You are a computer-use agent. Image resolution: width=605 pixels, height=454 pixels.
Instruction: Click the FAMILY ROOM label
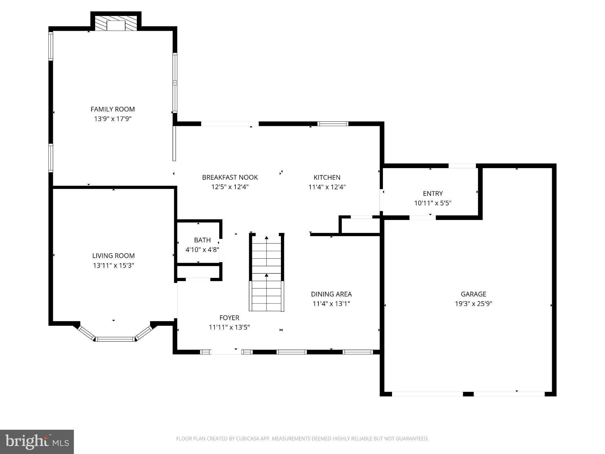click(113, 109)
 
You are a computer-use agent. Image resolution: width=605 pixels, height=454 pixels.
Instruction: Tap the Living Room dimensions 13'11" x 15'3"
click(113, 265)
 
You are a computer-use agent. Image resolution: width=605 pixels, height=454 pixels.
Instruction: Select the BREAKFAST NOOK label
click(230, 177)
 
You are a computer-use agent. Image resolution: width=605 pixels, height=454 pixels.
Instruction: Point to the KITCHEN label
click(327, 177)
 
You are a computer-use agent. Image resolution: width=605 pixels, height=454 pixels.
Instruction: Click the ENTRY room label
click(433, 194)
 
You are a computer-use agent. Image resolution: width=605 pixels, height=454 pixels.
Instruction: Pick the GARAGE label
click(473, 294)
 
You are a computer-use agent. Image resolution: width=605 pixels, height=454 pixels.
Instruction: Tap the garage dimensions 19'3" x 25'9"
click(473, 304)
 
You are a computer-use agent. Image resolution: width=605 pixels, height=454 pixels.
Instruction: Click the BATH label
click(202, 240)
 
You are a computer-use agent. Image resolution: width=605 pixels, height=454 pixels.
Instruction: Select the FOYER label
click(229, 318)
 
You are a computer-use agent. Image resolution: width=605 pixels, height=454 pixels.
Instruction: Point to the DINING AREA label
click(331, 294)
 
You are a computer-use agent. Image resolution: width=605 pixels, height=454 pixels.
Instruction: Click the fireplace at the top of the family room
click(116, 23)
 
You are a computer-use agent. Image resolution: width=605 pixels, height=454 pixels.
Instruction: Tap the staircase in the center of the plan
click(266, 273)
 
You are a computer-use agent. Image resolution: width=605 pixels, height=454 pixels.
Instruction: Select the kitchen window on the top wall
click(333, 124)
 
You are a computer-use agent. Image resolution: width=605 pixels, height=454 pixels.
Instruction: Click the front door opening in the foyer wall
click(226, 352)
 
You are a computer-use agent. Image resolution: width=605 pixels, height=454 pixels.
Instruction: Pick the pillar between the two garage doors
click(468, 394)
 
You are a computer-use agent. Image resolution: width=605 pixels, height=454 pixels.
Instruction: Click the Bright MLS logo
click(37, 442)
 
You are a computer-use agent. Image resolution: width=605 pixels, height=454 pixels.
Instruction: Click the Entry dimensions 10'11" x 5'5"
click(433, 203)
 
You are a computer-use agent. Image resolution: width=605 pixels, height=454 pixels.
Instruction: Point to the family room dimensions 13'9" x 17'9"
click(113, 119)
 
